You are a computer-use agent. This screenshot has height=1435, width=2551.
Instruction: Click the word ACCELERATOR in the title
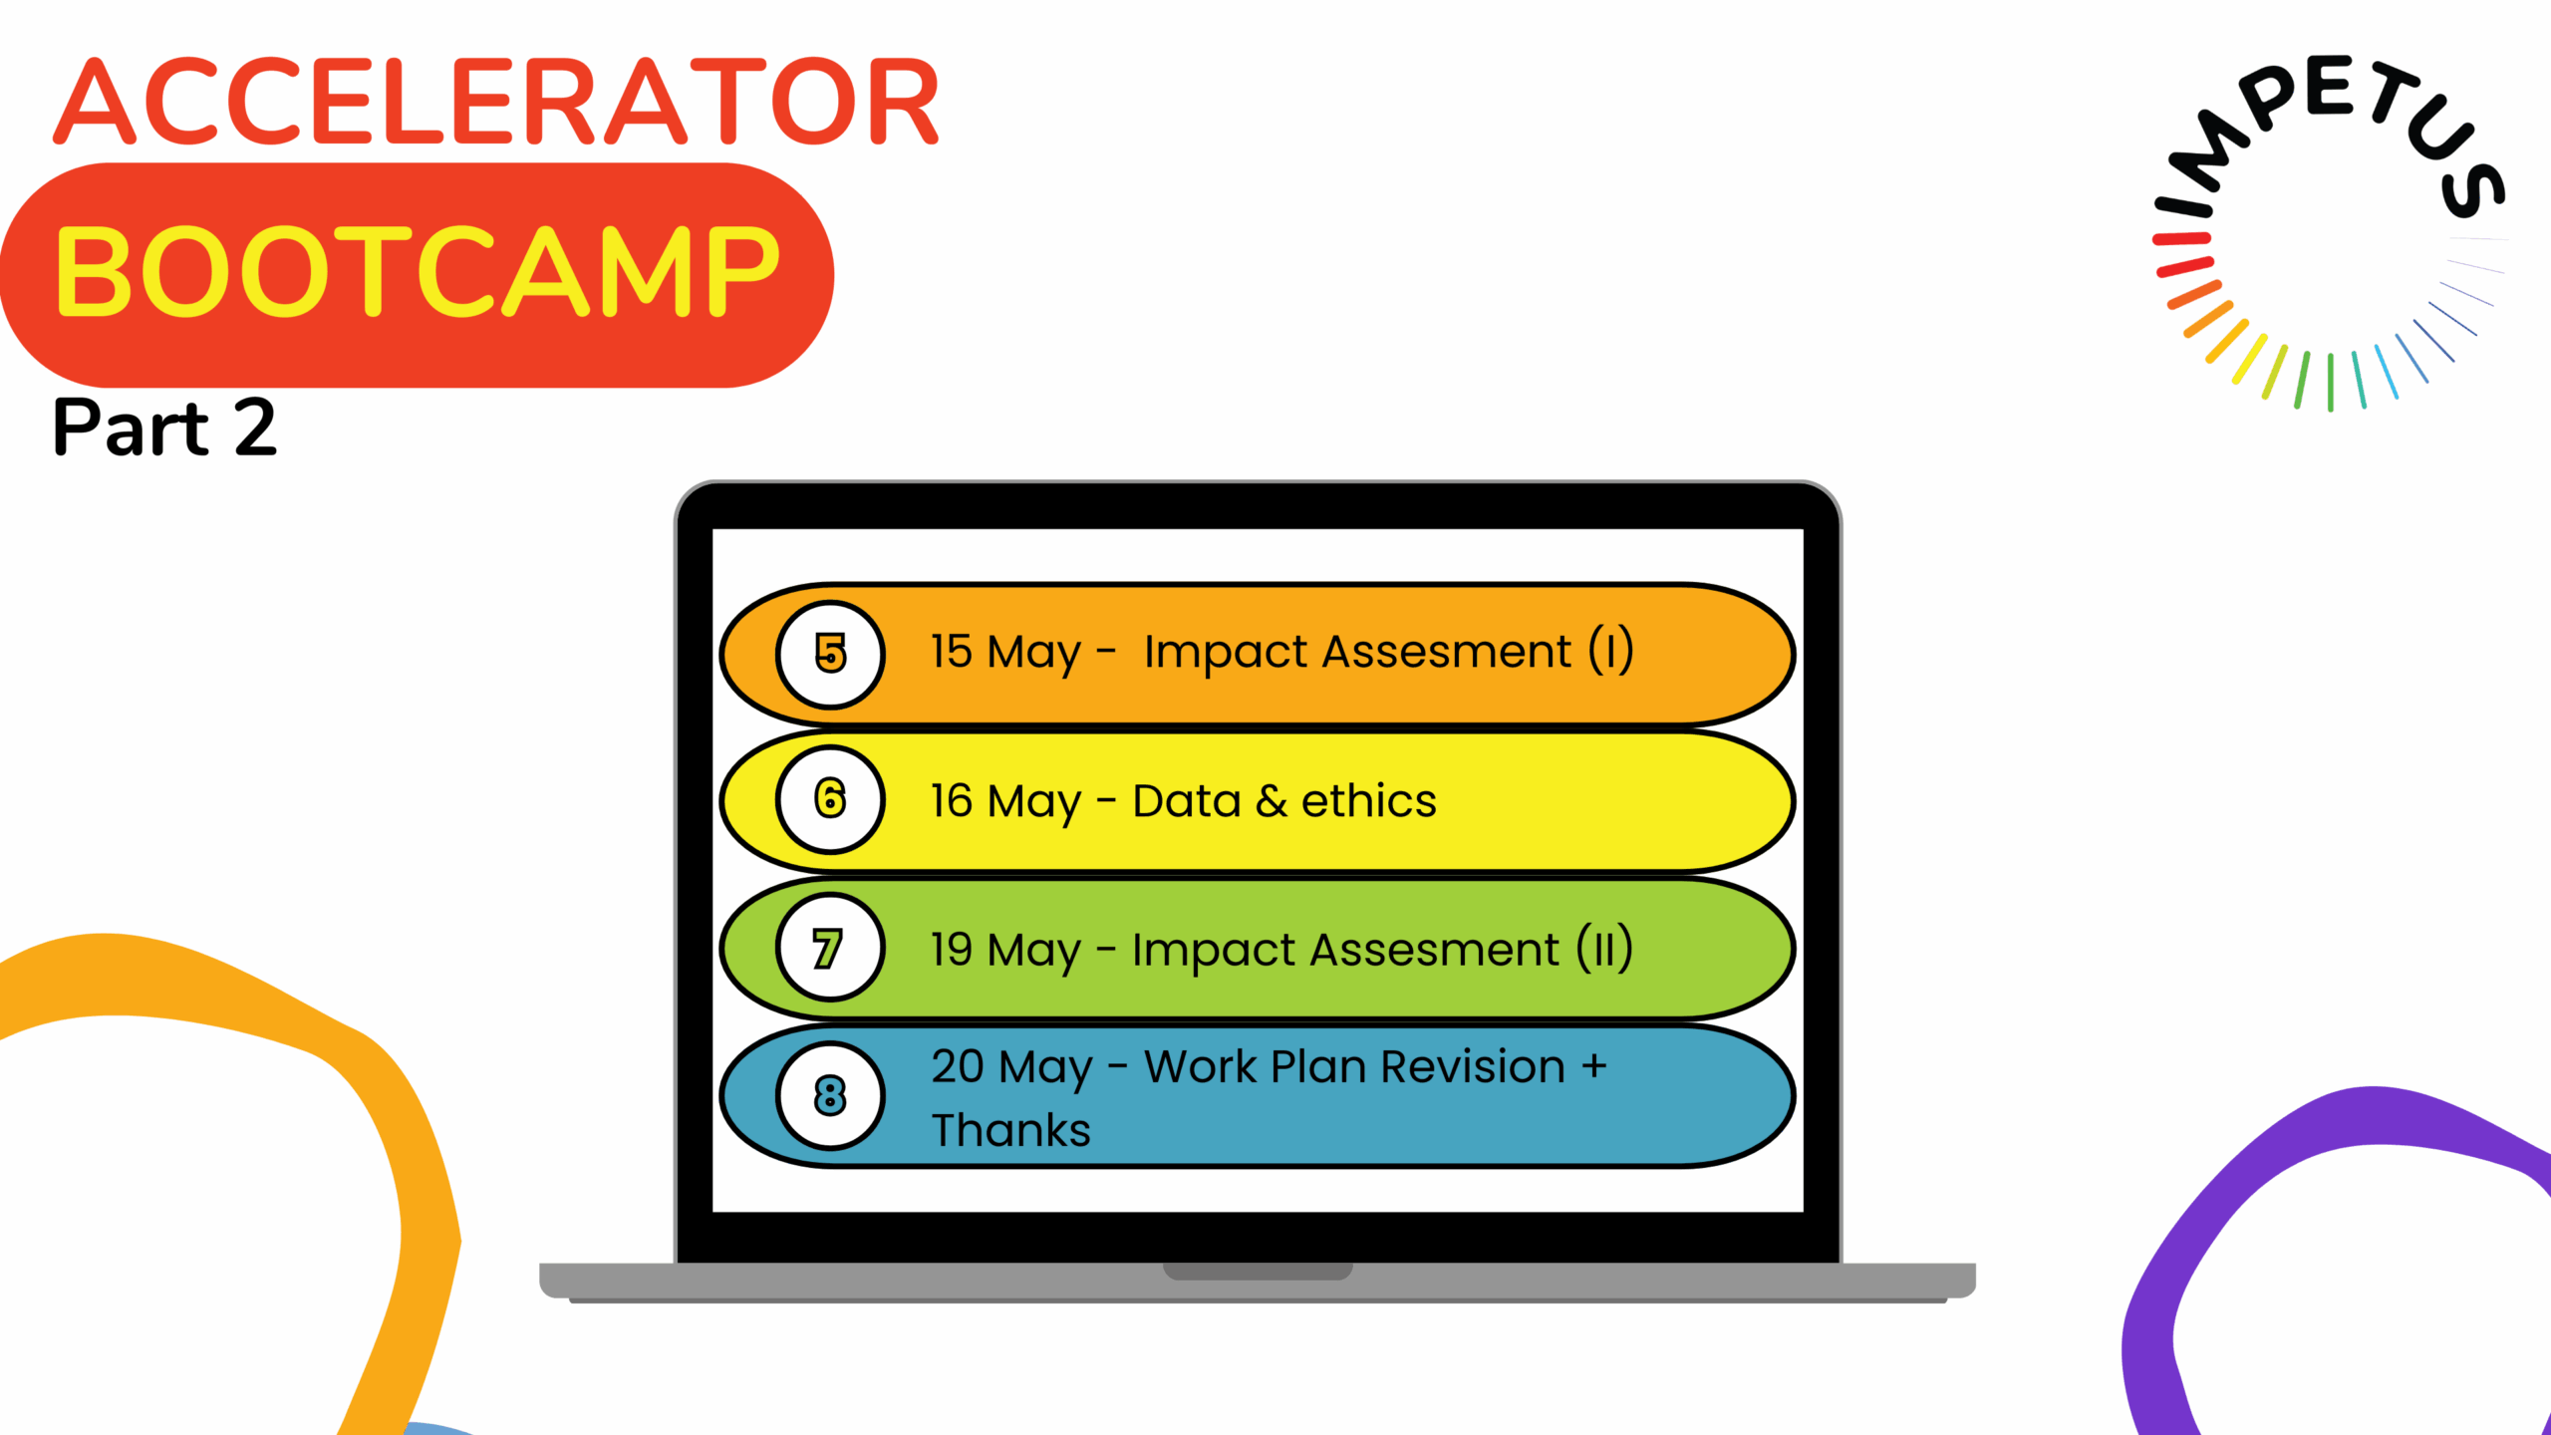tap(496, 101)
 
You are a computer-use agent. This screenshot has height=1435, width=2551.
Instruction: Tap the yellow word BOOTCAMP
tap(418, 271)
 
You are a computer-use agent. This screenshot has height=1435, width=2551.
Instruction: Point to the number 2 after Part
tap(255, 428)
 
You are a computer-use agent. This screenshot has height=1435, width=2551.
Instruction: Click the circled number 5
tap(830, 654)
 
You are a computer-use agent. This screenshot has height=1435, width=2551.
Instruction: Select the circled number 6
tap(830, 799)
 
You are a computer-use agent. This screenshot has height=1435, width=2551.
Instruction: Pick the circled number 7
tap(830, 948)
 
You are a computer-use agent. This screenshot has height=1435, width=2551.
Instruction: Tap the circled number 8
tap(830, 1095)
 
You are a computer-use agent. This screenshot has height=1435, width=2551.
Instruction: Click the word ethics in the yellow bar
tap(1369, 800)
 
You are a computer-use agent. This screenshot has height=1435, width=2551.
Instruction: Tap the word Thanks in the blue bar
tap(1011, 1130)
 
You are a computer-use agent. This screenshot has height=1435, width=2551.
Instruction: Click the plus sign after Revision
tap(1594, 1066)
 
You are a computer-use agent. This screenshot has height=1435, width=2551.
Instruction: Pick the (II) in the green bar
tap(1604, 949)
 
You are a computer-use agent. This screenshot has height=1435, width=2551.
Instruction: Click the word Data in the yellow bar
tap(1187, 801)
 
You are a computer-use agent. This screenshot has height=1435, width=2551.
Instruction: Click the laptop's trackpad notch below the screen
tap(1258, 1272)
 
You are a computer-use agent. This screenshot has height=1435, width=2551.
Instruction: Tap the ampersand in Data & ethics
tap(1271, 801)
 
